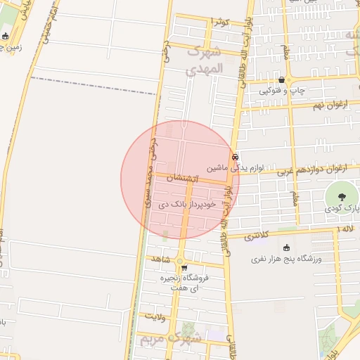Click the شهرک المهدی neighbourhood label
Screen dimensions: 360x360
pos(205,60)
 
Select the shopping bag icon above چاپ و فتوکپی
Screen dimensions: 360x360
pos(282,80)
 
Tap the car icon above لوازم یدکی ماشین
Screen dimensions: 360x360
pos(235,157)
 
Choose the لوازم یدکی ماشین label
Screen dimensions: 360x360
pos(235,169)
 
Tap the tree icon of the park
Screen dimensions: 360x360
pos(342,197)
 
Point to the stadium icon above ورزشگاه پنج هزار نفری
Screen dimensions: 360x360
pos(286,247)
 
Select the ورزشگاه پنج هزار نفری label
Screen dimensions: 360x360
pos(286,259)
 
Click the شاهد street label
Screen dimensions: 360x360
pos(161,259)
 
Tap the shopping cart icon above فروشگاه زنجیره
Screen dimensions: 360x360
pos(184,268)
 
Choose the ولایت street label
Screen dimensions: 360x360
pos(173,317)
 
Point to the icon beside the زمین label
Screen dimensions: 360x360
pos(6,37)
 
